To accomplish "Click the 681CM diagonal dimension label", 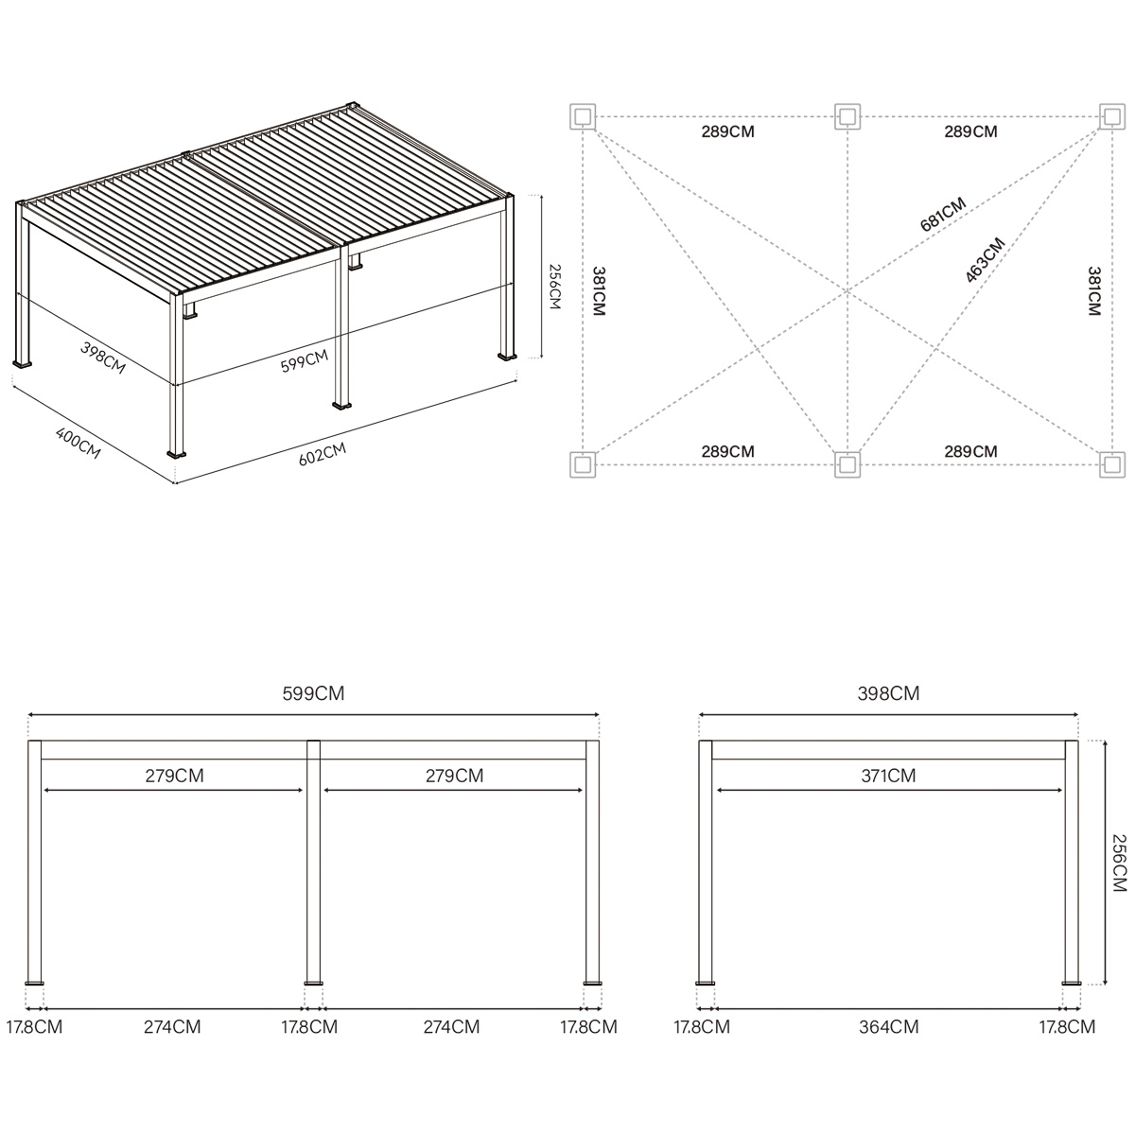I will (942, 215).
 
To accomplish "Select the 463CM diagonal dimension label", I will (985, 260).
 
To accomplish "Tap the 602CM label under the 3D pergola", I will (323, 455).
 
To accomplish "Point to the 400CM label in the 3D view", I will (79, 444).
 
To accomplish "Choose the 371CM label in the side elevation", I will (888, 777).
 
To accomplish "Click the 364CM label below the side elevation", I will (890, 1026).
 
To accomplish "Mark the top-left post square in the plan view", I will (582, 116).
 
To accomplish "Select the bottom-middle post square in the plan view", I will (847, 463).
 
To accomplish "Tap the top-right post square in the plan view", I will (1112, 116).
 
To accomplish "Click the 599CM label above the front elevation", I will (313, 693).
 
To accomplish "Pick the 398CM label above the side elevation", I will (888, 693).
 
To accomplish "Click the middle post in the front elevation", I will (313, 861).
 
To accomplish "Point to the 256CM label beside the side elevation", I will (1118, 862).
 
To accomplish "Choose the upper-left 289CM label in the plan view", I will (727, 132).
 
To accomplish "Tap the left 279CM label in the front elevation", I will (174, 777).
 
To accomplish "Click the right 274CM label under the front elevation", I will (451, 1026).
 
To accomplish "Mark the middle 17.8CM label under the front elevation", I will (310, 1026).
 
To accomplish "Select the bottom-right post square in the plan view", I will (1112, 463).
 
